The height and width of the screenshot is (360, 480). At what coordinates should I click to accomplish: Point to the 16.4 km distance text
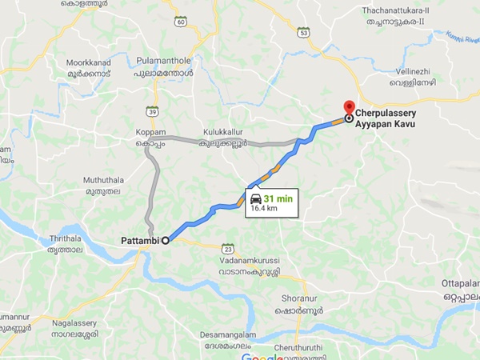[x=265, y=208]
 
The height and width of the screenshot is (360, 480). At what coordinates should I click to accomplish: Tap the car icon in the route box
[x=254, y=198]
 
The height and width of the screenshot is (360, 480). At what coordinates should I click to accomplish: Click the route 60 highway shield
[x=181, y=22]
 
